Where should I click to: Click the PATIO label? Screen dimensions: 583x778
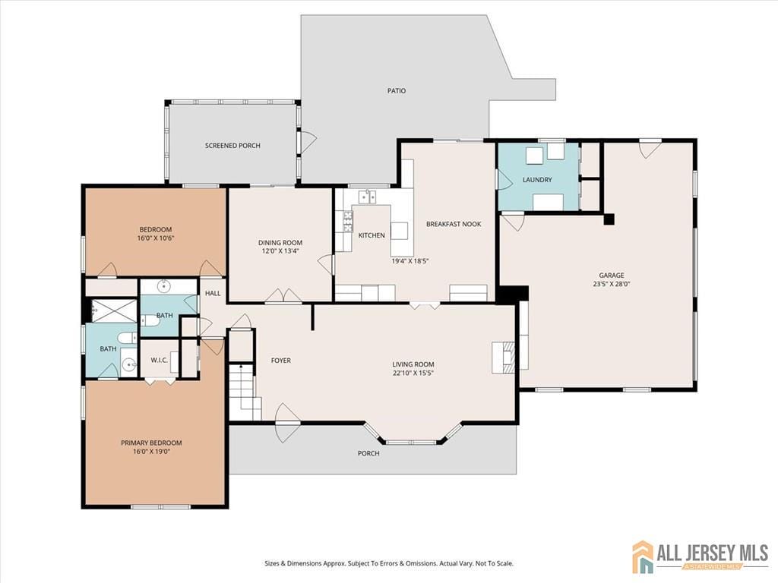[397, 90]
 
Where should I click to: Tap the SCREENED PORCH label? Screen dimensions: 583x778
[232, 145]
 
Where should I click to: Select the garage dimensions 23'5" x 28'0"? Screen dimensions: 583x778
[611, 285]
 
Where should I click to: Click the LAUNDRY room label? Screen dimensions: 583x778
[536, 180]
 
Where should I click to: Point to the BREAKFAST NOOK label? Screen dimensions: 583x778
[454, 224]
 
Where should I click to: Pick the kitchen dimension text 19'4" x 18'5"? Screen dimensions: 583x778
[410, 261]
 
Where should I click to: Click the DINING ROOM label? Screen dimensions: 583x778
[280, 243]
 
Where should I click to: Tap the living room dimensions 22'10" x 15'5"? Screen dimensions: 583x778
[413, 374]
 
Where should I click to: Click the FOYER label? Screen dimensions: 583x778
[281, 361]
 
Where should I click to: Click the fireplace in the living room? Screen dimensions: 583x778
[503, 356]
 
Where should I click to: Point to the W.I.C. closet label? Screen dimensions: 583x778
[159, 360]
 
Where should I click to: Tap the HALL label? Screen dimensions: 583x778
[212, 293]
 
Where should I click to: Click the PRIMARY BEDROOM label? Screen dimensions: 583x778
[151, 443]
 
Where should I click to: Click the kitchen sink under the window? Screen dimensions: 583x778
[368, 197]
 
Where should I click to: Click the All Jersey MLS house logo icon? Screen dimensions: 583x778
[643, 556]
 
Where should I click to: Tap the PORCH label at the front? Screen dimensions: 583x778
[368, 453]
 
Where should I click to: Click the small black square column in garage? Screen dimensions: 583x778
[609, 219]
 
